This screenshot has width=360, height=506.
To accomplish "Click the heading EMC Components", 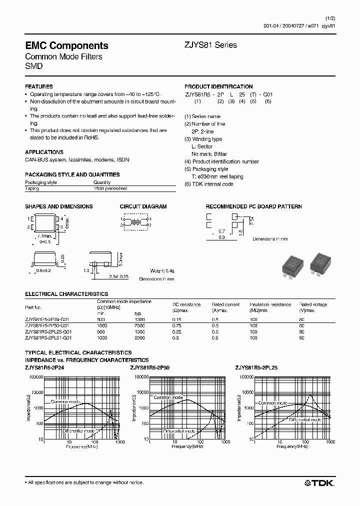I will point(66,45).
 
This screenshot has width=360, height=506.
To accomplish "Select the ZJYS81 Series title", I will point(210,45).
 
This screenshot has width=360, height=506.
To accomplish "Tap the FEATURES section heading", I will point(39,86).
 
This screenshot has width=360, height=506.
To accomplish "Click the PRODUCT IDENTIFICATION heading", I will point(218,86).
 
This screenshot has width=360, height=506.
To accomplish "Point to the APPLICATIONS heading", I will point(44,152).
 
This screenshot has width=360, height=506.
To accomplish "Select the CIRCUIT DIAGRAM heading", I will point(143,206).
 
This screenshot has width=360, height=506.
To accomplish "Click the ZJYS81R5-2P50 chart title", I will point(150,367).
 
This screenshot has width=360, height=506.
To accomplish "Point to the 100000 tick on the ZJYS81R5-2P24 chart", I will point(34,377).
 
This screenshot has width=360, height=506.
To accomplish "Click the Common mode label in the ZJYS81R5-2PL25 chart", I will point(273,402).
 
